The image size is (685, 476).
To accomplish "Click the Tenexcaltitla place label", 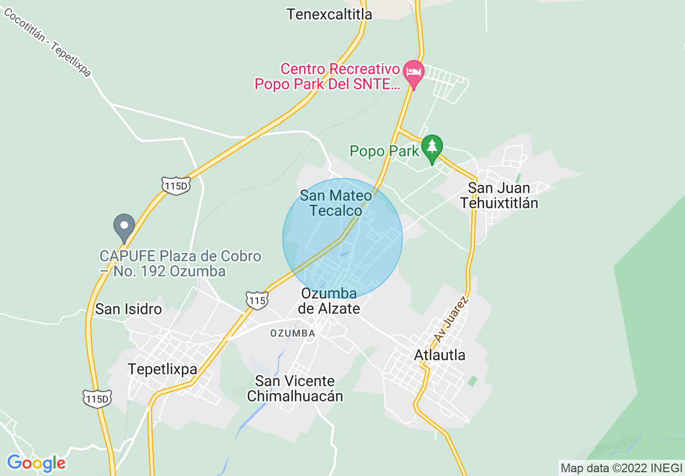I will pos(329,14).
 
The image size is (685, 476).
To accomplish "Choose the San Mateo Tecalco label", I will pos(335,203).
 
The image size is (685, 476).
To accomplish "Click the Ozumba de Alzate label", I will pos(328,301).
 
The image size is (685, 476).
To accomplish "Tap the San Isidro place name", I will pos(129,309).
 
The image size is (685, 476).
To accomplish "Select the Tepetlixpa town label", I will pos(162,369).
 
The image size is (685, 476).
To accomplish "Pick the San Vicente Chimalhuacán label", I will pos(295,388).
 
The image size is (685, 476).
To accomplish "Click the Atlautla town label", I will pos(439,355).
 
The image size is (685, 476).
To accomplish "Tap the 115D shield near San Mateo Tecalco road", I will pos(176,185).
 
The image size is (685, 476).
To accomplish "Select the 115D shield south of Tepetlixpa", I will pos(97,399).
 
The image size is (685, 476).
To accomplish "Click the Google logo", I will pos(36,463).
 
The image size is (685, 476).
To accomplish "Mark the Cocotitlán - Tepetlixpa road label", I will pos(48,42).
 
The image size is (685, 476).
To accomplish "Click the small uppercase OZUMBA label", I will pos(292,333).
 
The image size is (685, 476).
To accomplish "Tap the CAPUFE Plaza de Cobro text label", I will pos(180,263).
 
